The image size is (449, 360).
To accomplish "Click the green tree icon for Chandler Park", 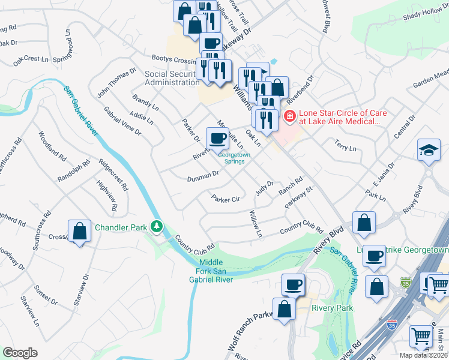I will pyautogui.click(x=157, y=227).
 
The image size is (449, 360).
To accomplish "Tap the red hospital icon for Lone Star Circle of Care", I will pyautogui.click(x=289, y=116).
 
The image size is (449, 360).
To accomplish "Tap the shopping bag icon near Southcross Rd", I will pyautogui.click(x=79, y=231).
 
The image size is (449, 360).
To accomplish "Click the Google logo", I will pyautogui.click(x=20, y=353).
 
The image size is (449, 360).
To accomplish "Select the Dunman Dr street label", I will pyautogui.click(x=202, y=176).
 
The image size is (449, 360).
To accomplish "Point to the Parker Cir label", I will pyautogui.click(x=224, y=199).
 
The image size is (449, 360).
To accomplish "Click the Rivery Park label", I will pyautogui.click(x=332, y=308).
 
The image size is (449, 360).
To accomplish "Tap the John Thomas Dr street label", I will pyautogui.click(x=118, y=82).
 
